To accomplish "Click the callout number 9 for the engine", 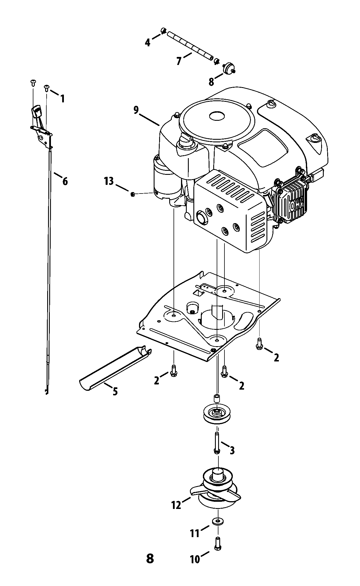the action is pos(136,110).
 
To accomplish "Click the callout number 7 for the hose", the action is pos(179,61).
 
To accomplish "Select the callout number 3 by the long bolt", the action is pos(232,450).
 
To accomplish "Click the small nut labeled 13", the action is pos(133,194).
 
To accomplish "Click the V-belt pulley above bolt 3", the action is pos(216,414).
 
